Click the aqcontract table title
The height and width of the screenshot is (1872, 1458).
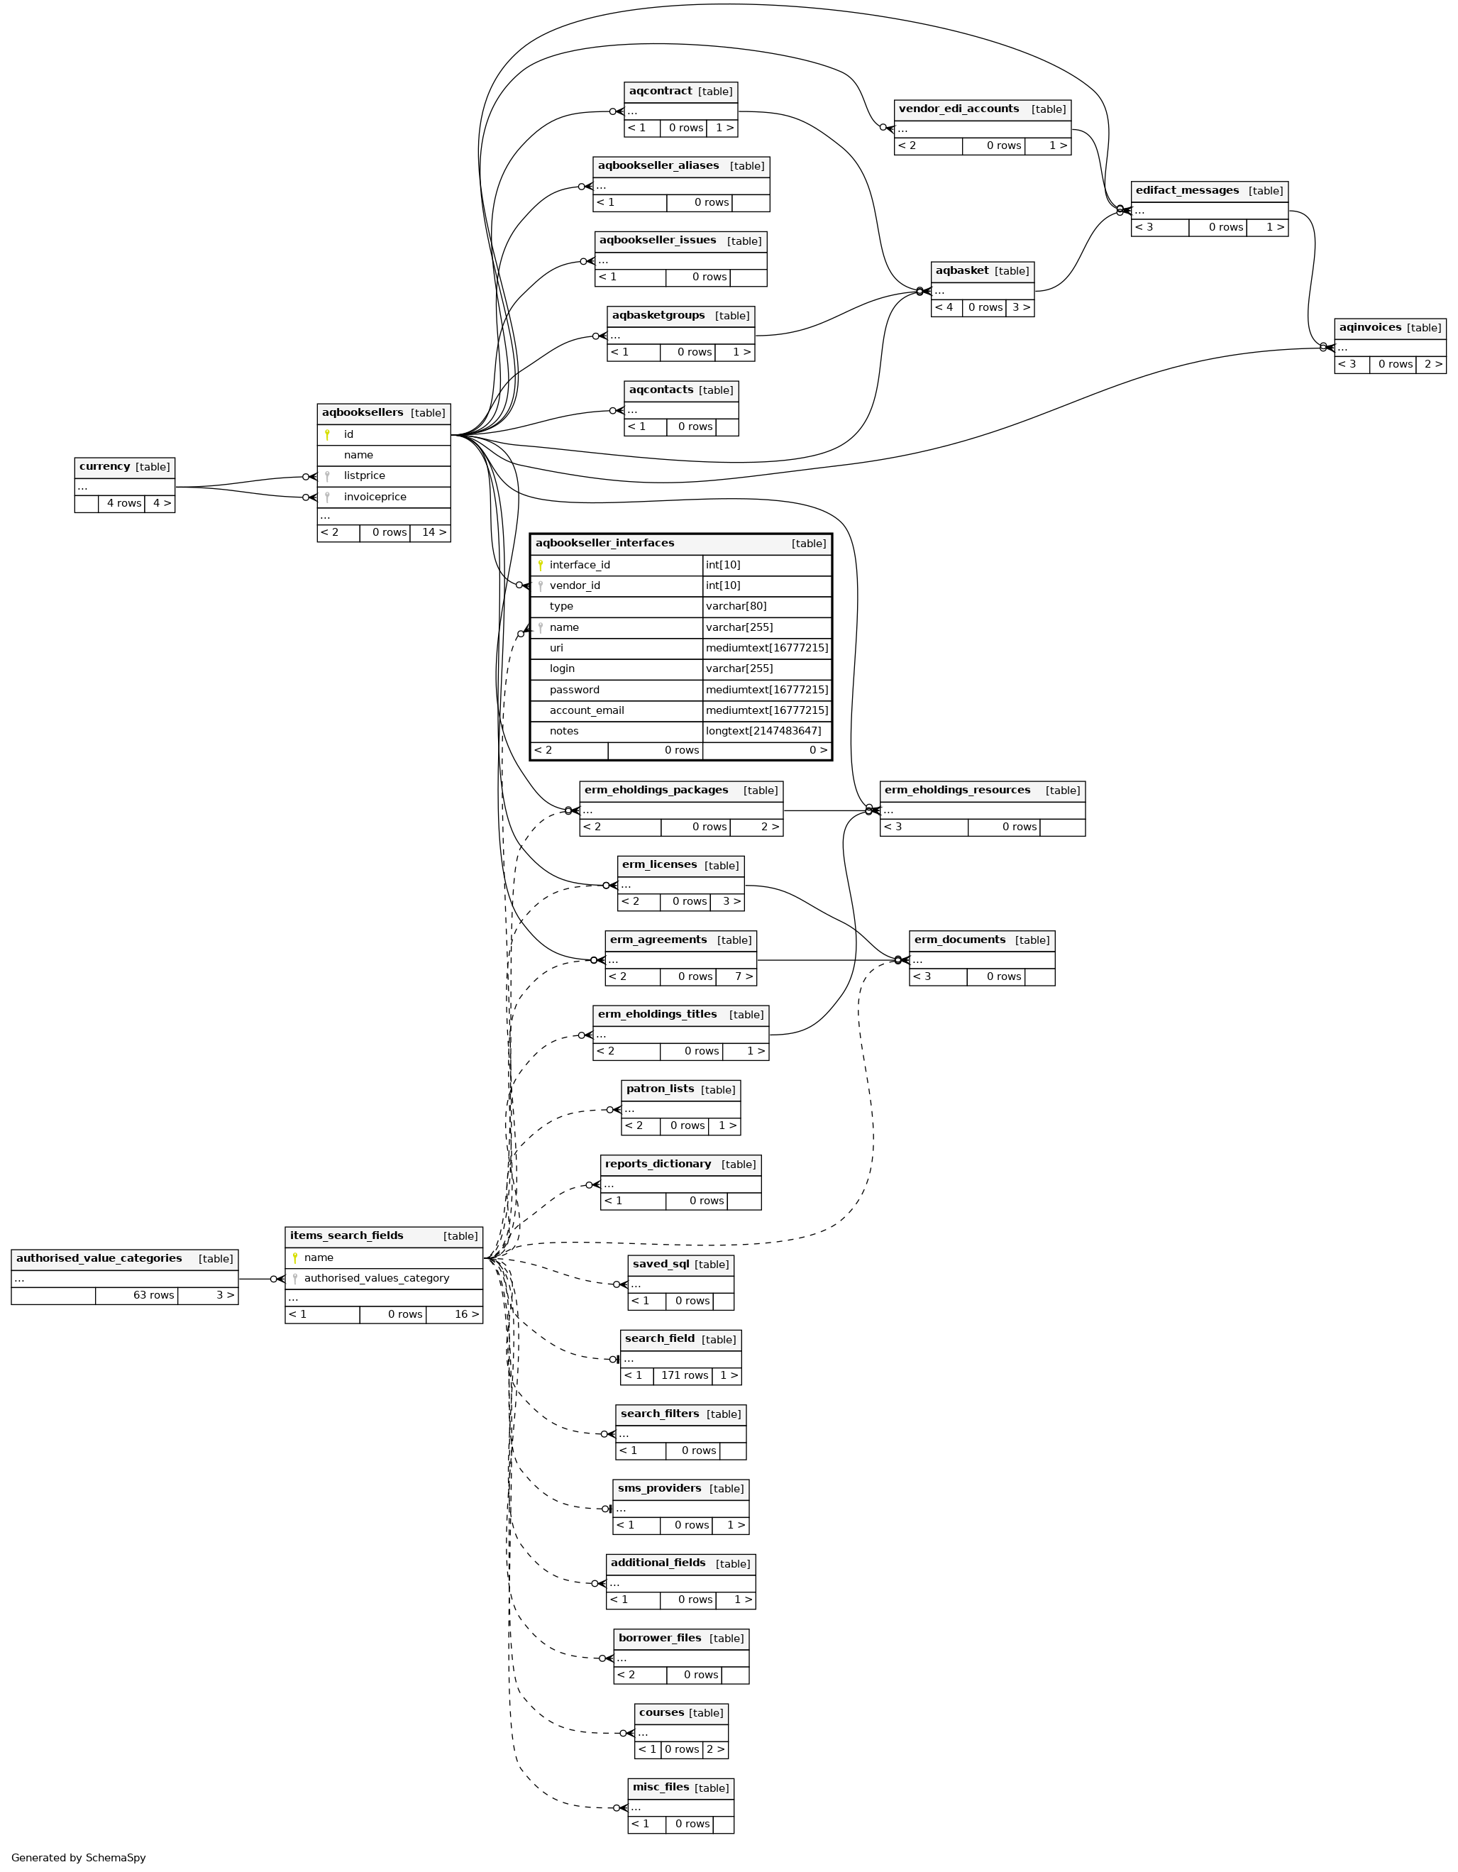tap(660, 92)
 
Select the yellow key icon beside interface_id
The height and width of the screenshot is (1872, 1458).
tap(540, 565)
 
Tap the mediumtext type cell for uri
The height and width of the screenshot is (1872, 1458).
tap(766, 648)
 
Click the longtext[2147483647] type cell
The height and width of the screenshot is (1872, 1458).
tap(763, 731)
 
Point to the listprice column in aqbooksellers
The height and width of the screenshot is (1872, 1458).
tap(364, 475)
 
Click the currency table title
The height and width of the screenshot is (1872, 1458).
tap(104, 467)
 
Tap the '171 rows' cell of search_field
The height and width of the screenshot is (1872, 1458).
tap(684, 1376)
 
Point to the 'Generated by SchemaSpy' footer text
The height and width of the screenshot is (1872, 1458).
tap(79, 1857)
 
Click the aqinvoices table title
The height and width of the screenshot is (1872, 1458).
tap(1370, 327)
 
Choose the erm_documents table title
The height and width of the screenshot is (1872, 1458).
tap(959, 940)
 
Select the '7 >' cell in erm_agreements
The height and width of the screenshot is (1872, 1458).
tap(743, 976)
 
